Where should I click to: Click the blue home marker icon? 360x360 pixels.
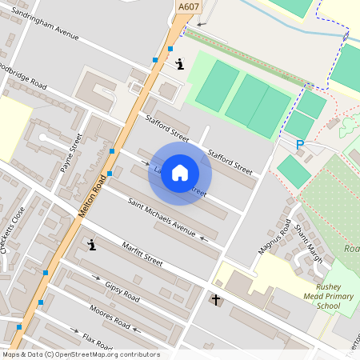tap(180, 173)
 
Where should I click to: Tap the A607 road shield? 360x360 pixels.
tap(187, 6)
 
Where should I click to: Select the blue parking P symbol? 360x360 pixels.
tap(300, 145)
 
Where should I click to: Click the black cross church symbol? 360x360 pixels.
tap(215, 300)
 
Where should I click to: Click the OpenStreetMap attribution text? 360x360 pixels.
tap(80, 354)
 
